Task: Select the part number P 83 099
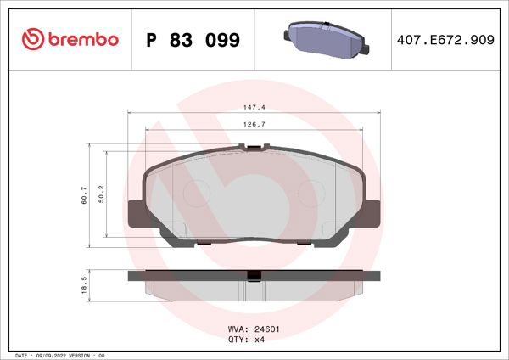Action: pyautogui.click(x=193, y=40)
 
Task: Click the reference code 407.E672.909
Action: pyautogui.click(x=445, y=40)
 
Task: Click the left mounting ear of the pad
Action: pyautogui.click(x=136, y=212)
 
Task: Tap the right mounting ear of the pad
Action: pyautogui.click(x=369, y=212)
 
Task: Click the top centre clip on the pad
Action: pyautogui.click(x=253, y=149)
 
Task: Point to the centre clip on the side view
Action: pyautogui.click(x=253, y=274)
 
